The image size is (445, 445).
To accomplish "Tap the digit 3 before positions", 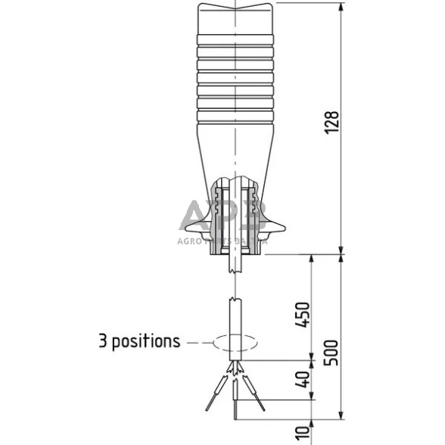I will click(x=103, y=341).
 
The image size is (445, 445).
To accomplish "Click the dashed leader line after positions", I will click(x=198, y=342).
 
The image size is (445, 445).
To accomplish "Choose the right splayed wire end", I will click(x=263, y=409).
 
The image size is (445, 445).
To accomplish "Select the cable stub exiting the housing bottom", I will click(x=235, y=264).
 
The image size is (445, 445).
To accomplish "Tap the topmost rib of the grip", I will click(x=235, y=38).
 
